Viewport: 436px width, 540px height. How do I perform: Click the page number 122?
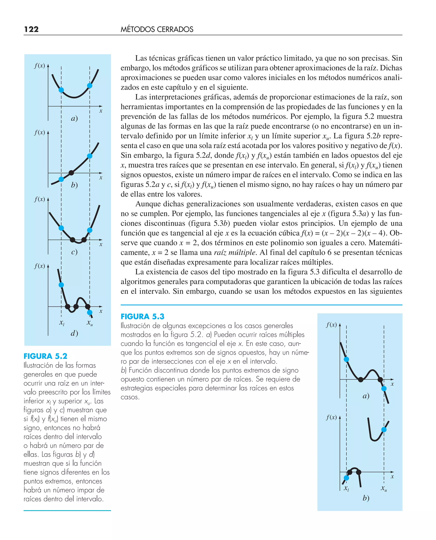31,29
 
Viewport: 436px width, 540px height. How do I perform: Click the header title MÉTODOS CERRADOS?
157,29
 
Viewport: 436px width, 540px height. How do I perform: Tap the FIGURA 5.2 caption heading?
46,356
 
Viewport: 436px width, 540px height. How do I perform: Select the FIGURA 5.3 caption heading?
142,316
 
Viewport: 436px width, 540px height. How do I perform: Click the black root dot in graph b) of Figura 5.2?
71,172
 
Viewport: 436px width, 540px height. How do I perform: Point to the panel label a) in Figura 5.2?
74,118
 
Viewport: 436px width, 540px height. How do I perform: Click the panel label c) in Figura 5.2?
74,252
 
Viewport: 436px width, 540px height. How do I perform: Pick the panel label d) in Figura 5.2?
74,333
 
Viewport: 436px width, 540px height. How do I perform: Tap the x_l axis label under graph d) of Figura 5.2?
62,323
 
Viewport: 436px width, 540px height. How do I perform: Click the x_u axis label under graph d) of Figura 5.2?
90,323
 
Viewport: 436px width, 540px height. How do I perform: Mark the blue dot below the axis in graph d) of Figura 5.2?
90,312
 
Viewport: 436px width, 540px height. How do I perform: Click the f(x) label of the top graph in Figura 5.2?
40,66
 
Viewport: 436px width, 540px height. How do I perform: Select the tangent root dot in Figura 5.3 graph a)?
361,379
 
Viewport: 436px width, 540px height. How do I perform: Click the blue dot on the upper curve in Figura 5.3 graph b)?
384,429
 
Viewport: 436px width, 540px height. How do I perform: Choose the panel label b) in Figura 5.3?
366,498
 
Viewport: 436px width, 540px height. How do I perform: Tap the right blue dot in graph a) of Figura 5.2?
90,86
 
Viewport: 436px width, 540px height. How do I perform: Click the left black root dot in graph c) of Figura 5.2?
72,240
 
